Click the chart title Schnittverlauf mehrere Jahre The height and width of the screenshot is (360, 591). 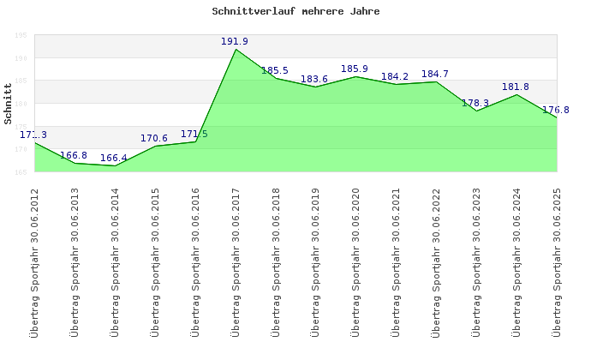[295, 12]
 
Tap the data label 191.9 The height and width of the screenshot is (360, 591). [235, 41]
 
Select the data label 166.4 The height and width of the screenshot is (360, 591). [114, 158]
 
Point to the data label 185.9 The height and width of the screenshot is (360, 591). [355, 69]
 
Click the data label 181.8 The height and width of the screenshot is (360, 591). [516, 87]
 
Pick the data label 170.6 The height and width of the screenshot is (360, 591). [154, 138]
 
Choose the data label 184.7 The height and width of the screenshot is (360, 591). [435, 74]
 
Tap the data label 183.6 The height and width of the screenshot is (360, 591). [314, 79]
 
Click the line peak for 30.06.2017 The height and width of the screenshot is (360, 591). [236, 50]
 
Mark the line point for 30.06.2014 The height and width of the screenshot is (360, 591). [115, 165]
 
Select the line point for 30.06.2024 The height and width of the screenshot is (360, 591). [516, 94]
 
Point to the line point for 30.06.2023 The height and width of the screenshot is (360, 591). [476, 111]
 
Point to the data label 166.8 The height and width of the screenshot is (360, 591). [74, 156]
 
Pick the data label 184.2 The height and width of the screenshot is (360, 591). [395, 76]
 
